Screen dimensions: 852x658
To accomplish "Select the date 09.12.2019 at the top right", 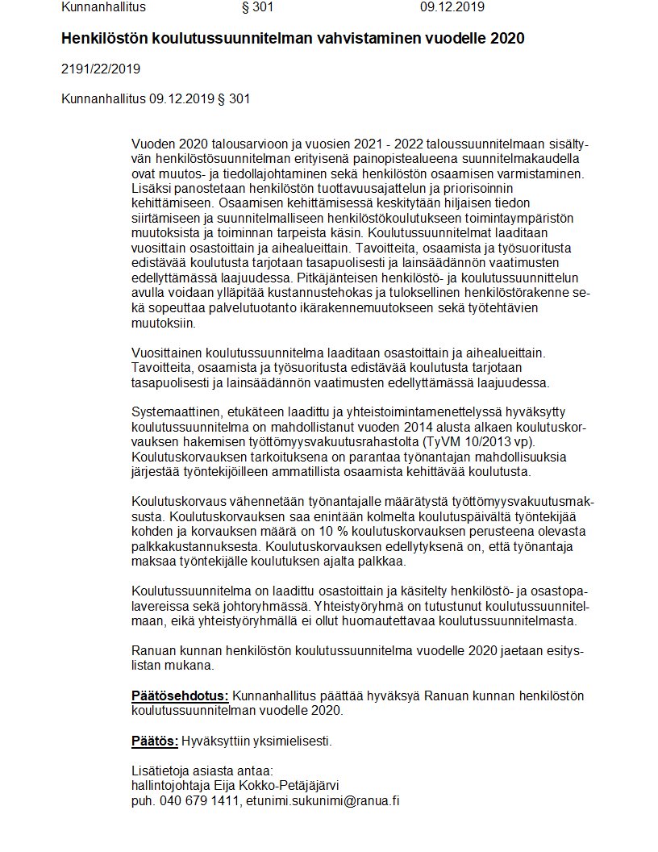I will click(452, 7).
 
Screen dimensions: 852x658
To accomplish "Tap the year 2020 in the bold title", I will click(510, 38).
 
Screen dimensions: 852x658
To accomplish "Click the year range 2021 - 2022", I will click(360, 143).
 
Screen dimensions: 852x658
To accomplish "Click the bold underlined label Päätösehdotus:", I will click(180, 696).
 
